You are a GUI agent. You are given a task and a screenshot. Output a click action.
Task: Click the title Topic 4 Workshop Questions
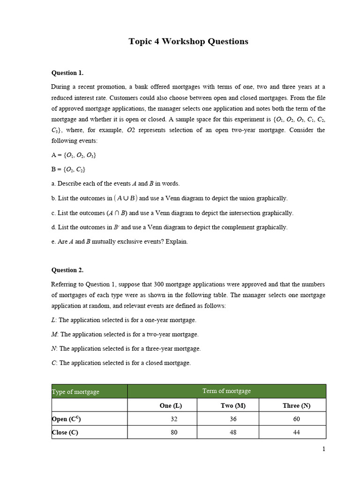tap(188, 42)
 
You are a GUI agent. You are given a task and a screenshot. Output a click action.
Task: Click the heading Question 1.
tap(67, 73)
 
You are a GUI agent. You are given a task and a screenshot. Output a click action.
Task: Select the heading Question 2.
tap(67, 270)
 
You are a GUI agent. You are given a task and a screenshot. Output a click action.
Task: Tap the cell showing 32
tap(174, 419)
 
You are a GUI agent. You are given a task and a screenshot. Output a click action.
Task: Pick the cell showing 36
tap(233, 419)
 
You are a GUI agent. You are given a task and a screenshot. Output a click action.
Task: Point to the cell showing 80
tap(174, 433)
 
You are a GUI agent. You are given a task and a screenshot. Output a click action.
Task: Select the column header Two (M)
tap(233, 405)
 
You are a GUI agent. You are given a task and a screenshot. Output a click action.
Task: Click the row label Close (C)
tap(65, 433)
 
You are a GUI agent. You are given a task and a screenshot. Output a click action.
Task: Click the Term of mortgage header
tap(226, 391)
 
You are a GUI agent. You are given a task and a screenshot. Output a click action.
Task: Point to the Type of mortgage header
tap(75, 392)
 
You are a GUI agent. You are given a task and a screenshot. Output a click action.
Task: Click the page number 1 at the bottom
tap(323, 449)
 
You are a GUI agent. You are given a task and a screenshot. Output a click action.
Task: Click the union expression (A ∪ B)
tap(126, 198)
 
